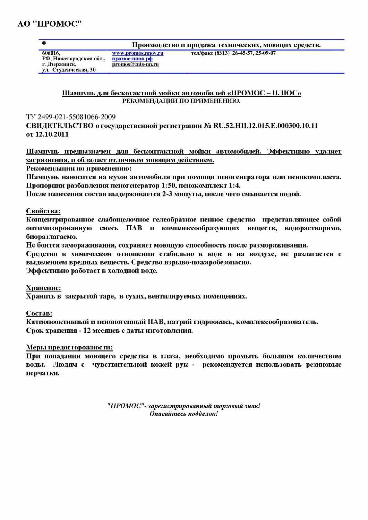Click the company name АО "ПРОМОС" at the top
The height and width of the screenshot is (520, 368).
pyautogui.click(x=50, y=24)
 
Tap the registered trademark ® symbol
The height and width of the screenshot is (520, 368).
pyautogui.click(x=44, y=43)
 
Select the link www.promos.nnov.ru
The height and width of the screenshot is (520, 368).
pyautogui.click(x=138, y=53)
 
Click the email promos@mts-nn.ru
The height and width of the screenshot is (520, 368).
pyautogui.click(x=135, y=64)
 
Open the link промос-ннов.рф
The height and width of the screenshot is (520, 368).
pyautogui.click(x=132, y=59)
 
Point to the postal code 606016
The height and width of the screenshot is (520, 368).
pyautogui.click(x=51, y=53)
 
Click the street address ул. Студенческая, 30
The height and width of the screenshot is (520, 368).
pyautogui.click(x=69, y=70)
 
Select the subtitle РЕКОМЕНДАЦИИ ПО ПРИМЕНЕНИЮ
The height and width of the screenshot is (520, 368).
pyautogui.click(x=181, y=101)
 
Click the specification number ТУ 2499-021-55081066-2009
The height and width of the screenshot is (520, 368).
pyautogui.click(x=71, y=117)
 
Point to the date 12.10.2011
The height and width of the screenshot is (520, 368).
pyautogui.click(x=52, y=135)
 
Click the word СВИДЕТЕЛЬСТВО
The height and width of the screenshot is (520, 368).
pyautogui.click(x=60, y=125)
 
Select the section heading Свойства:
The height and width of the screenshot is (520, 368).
pyautogui.click(x=43, y=211)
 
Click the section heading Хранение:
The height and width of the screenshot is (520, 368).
pyautogui.click(x=43, y=288)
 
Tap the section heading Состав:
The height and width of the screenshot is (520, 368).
pyautogui.click(x=39, y=313)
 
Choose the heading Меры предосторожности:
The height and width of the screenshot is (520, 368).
pyautogui.click(x=69, y=347)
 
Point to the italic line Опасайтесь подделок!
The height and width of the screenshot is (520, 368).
pyautogui.click(x=183, y=414)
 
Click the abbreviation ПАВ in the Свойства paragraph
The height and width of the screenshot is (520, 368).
pyautogui.click(x=134, y=228)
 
